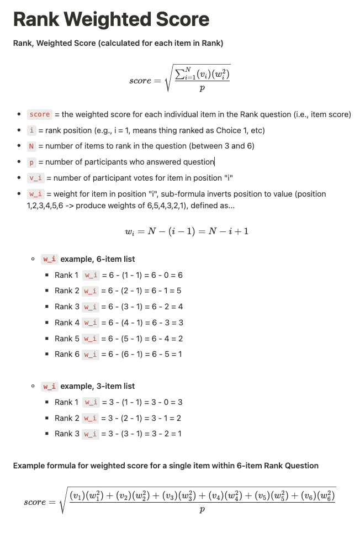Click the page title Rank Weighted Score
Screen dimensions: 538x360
[111, 20]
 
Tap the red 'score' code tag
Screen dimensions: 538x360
[40, 114]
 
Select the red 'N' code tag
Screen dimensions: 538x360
[32, 146]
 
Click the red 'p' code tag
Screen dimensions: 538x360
[31, 162]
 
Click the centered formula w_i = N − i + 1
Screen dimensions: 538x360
[187, 230]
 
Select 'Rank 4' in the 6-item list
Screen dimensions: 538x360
[67, 323]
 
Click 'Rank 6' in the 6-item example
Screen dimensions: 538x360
[67, 354]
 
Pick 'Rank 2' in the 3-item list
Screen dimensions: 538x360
[67, 418]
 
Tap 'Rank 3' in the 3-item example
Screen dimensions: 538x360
[67, 434]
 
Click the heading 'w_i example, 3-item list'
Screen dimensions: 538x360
[89, 386]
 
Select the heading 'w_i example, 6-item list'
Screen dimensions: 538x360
[89, 259]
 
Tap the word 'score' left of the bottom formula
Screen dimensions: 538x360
[35, 503]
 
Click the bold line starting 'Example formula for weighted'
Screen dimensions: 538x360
[166, 466]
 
